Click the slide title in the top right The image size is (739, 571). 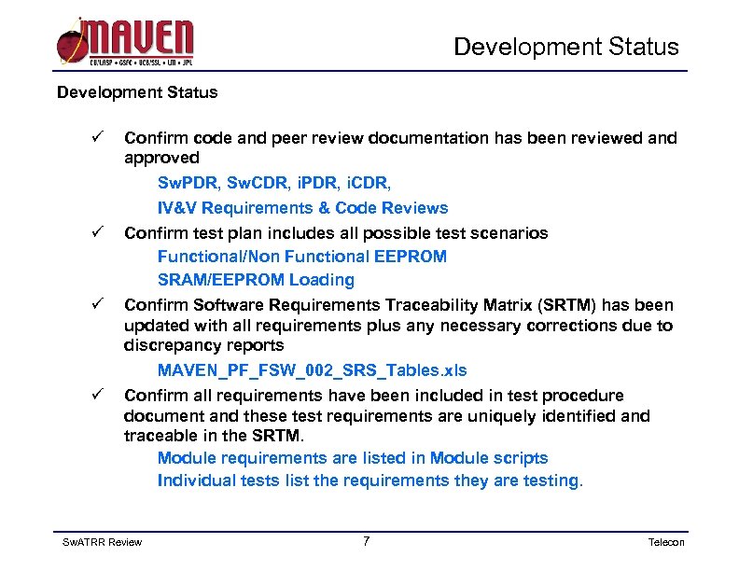coord(566,47)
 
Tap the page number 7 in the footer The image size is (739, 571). coord(366,541)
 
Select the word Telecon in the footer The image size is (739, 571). coord(666,542)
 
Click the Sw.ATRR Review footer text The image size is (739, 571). coord(102,542)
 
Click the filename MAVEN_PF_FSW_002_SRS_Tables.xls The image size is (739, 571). coord(312,370)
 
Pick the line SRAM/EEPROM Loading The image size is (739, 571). coord(256,280)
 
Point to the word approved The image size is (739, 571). coord(161,158)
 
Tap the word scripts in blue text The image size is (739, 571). coord(523,458)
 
